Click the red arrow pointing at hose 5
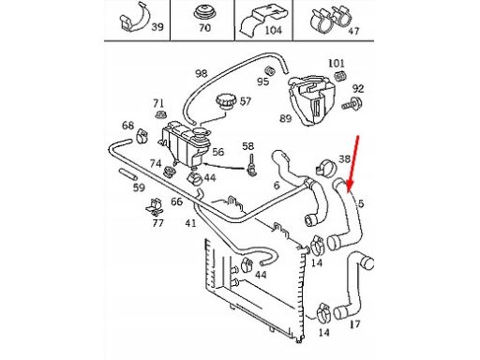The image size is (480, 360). (353, 163)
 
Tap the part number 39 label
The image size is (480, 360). (157, 27)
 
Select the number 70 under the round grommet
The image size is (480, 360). (204, 28)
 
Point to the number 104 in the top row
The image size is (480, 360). (273, 30)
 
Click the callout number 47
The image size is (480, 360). (353, 31)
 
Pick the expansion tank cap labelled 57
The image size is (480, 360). (225, 101)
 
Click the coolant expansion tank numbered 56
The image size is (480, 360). (185, 147)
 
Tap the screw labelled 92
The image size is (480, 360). (352, 104)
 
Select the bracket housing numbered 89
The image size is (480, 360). (311, 98)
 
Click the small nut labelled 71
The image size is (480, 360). (160, 114)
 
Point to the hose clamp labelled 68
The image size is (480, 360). (142, 136)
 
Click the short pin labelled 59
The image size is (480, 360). (127, 174)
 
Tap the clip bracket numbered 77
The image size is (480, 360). (155, 207)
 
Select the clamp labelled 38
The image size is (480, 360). (326, 167)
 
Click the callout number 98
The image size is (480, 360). (202, 74)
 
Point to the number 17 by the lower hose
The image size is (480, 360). (354, 324)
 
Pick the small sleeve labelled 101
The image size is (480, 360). (340, 76)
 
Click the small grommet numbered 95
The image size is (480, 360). (270, 70)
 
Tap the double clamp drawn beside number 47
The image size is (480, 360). (330, 19)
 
